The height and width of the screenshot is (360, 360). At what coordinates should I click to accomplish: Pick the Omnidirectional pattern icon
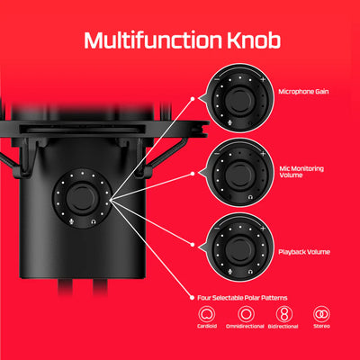point(242,315)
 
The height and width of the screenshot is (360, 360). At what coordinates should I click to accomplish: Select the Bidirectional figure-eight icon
point(282,315)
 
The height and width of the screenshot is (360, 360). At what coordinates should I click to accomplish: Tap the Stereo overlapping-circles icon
point(320,315)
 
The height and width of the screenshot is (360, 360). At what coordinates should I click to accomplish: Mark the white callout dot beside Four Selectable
point(190,296)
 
